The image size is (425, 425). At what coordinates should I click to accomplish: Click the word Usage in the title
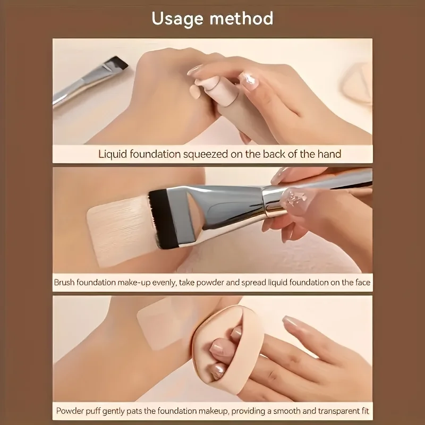click(x=177, y=19)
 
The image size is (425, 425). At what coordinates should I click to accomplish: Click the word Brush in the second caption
click(x=66, y=282)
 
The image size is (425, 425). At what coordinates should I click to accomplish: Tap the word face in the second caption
click(x=362, y=282)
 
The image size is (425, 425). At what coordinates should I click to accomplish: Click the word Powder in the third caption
click(x=70, y=411)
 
